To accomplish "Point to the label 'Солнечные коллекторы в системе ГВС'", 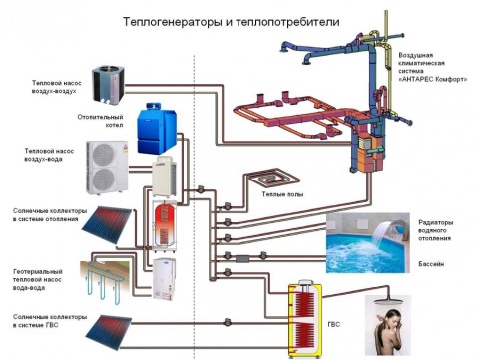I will (x=44, y=321).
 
